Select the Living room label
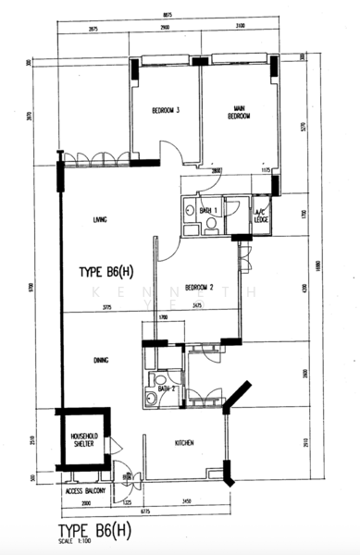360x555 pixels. (x=101, y=220)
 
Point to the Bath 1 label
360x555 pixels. (x=208, y=212)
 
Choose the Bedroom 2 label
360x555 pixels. (x=199, y=287)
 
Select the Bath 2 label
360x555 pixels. (x=167, y=388)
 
